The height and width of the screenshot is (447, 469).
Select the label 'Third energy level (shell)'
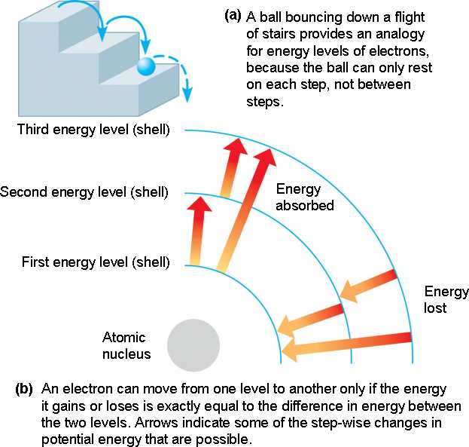(x=94, y=130)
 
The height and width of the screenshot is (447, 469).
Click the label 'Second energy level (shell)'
(x=85, y=191)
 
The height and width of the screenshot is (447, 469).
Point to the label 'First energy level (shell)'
(x=96, y=262)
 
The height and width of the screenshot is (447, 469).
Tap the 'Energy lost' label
(x=446, y=299)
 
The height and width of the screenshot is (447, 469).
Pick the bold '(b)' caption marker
(x=24, y=389)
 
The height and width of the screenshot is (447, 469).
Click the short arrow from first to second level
(x=199, y=229)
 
